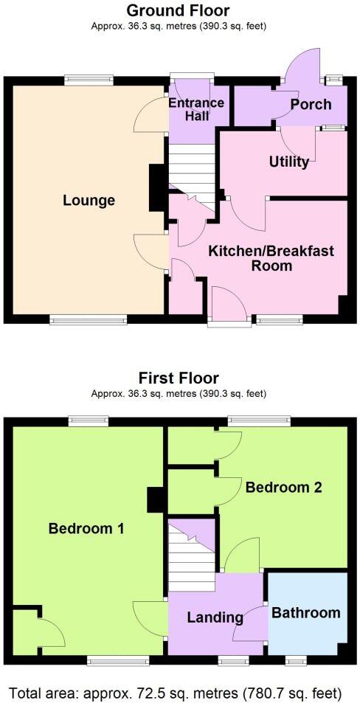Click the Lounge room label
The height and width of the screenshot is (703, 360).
89,201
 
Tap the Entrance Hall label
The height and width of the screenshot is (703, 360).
196,109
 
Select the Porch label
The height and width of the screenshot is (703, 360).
311,104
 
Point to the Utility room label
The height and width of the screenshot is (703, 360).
289,162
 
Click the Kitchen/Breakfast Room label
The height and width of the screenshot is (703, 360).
271,258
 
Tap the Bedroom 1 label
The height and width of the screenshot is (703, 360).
86,528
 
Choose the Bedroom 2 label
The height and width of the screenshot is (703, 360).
284,488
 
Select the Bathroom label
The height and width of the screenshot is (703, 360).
306,613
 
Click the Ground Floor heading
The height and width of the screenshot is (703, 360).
178,10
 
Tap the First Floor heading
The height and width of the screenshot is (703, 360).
178,378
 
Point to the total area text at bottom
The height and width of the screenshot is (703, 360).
176,693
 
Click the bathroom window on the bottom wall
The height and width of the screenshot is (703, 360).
297,659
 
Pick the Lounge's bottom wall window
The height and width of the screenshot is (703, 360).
89,320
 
